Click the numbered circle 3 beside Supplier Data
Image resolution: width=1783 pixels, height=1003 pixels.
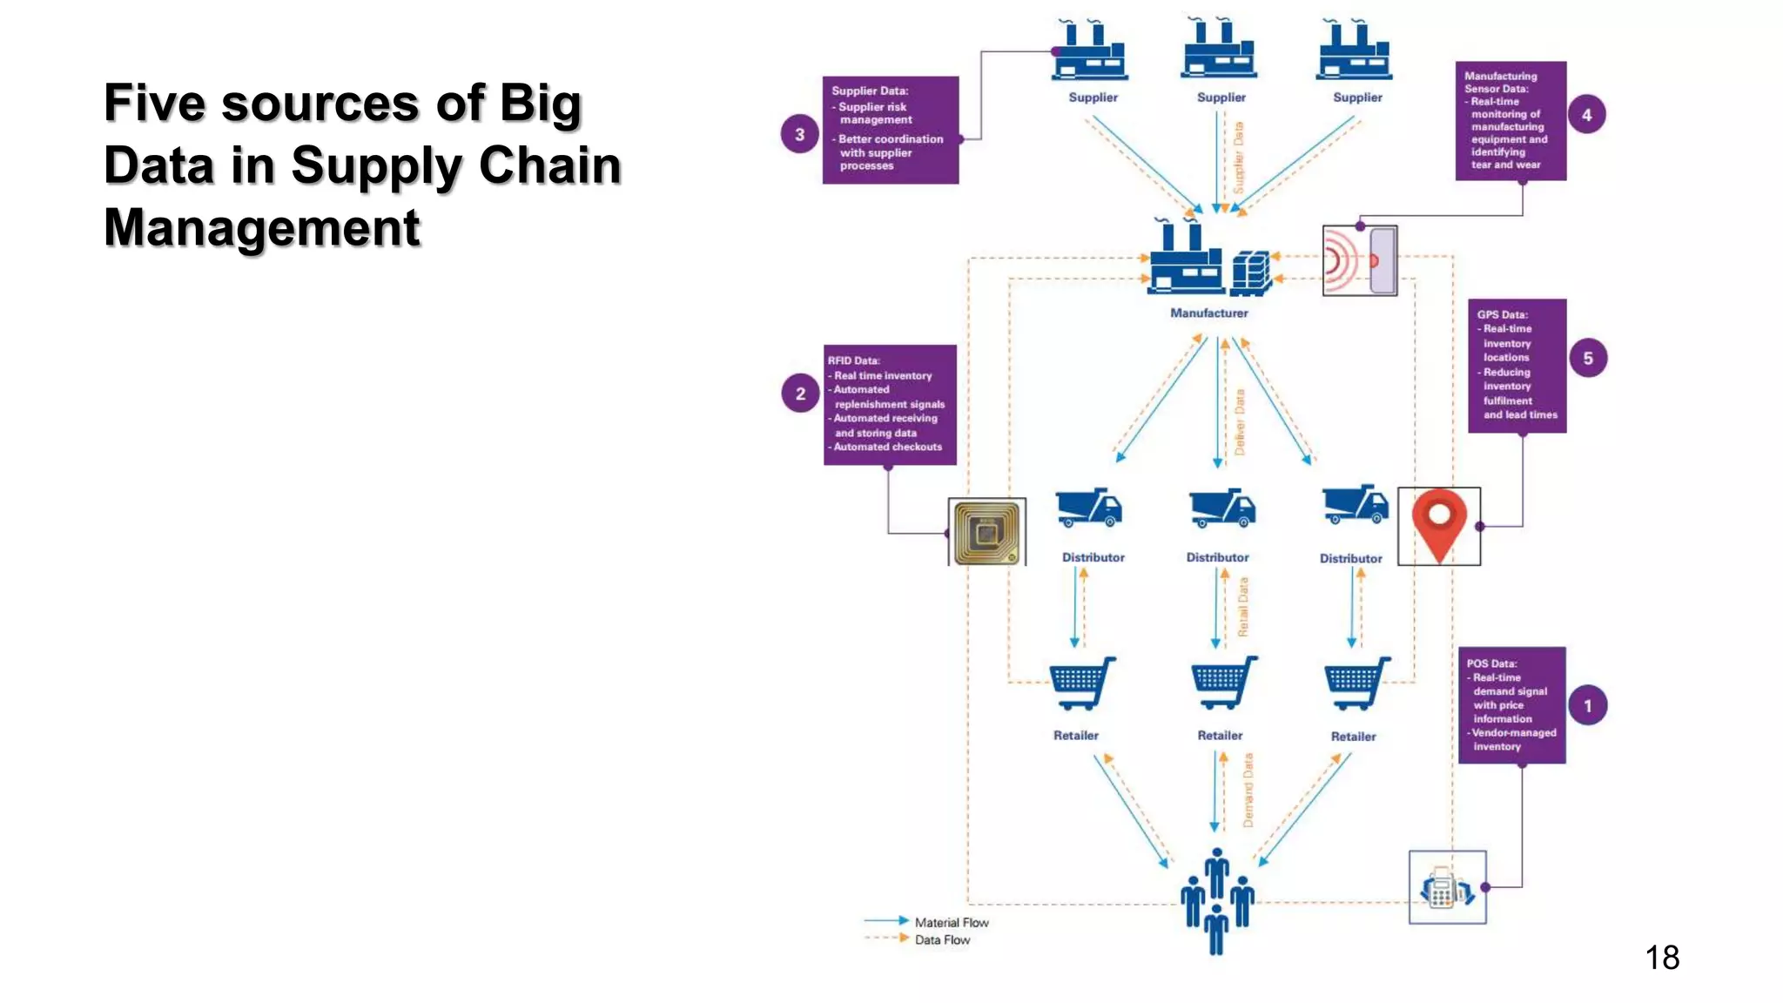[x=799, y=134]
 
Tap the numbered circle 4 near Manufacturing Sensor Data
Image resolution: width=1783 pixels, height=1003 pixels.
[x=1586, y=115]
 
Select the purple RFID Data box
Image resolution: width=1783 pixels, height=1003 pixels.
[x=890, y=404]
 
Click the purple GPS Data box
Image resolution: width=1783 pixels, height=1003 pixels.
[x=1517, y=366]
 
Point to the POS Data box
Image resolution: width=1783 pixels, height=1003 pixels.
[x=1511, y=704]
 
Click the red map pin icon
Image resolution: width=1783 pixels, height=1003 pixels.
[x=1439, y=524]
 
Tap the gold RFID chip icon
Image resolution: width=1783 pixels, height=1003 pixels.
[x=986, y=532]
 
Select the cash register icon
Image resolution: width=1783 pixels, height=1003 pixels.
[x=1446, y=887]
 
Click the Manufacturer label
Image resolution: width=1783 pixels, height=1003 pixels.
[x=1208, y=313]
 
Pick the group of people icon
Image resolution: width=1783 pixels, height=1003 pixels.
[x=1216, y=900]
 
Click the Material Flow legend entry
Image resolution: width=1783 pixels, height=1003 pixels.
[x=951, y=922]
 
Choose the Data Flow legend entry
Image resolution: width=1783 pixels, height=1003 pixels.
[x=941, y=939]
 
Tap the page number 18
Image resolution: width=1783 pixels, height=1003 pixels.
[x=1661, y=958]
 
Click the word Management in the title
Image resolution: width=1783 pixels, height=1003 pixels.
[x=262, y=228]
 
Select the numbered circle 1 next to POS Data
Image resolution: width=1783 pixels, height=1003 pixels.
[x=1587, y=705]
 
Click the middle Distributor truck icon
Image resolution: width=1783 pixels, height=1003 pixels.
[x=1221, y=508]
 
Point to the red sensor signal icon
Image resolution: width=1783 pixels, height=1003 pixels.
[x=1359, y=260]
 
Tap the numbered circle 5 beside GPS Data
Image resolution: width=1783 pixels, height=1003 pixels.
[x=1588, y=358]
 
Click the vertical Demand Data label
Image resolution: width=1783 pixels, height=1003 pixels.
[x=1248, y=790]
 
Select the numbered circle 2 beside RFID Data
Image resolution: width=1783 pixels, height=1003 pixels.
[x=800, y=394]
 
